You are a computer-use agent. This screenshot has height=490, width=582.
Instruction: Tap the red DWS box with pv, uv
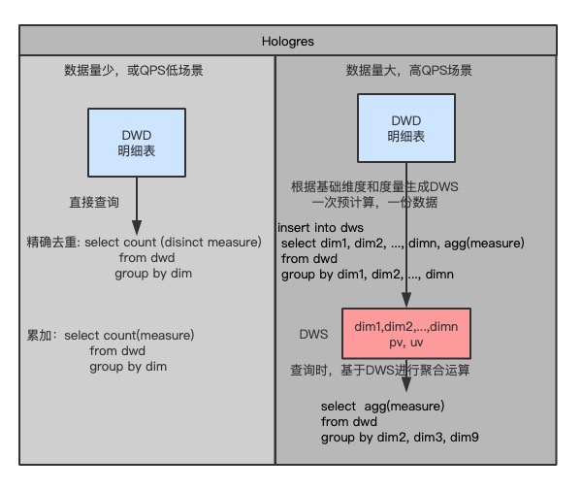[x=406, y=335]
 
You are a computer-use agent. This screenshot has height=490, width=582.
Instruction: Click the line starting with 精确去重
[x=145, y=242]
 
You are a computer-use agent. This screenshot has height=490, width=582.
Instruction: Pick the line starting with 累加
[x=112, y=336]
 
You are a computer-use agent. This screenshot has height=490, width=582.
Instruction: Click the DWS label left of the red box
[x=312, y=332]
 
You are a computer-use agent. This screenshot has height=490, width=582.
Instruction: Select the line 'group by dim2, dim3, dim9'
[x=400, y=438]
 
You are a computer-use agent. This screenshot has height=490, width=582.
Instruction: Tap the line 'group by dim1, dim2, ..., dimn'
[x=368, y=275]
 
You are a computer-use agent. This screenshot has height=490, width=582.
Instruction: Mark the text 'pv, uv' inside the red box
[x=406, y=343]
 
